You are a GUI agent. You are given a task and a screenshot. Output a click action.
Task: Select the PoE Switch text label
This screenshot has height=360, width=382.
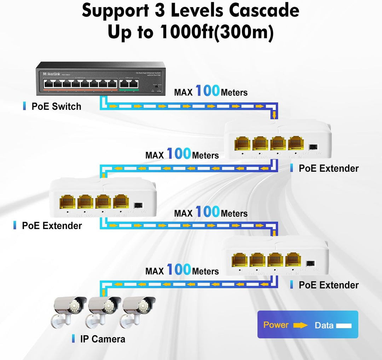[56, 106]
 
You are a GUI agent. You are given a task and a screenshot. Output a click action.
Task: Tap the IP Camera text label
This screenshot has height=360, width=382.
[103, 339]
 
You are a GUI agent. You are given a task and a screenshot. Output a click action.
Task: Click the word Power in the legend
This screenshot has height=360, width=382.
[276, 325]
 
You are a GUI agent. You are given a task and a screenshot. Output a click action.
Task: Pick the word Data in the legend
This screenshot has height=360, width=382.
[324, 325]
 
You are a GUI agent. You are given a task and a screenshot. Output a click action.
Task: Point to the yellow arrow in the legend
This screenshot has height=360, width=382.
[301, 325]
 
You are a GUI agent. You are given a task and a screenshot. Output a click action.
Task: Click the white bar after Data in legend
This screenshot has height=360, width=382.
[343, 325]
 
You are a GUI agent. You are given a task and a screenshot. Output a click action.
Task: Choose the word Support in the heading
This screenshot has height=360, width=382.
[115, 11]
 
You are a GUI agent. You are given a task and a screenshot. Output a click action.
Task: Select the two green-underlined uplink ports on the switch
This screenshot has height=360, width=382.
[128, 84]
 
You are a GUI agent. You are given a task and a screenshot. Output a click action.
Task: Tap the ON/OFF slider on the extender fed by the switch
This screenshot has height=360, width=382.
[313, 147]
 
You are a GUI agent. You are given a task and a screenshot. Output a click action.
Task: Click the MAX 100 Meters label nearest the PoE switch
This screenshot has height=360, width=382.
[211, 92]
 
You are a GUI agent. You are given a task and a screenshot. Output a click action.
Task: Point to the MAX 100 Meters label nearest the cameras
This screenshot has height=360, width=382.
[182, 270]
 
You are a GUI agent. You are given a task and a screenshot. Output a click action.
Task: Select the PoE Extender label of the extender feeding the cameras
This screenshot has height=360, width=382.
[329, 285]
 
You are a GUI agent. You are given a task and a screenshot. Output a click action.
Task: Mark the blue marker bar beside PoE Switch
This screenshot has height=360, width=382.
[24, 106]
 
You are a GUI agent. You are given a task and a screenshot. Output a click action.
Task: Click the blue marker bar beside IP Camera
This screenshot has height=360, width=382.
[73, 339]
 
